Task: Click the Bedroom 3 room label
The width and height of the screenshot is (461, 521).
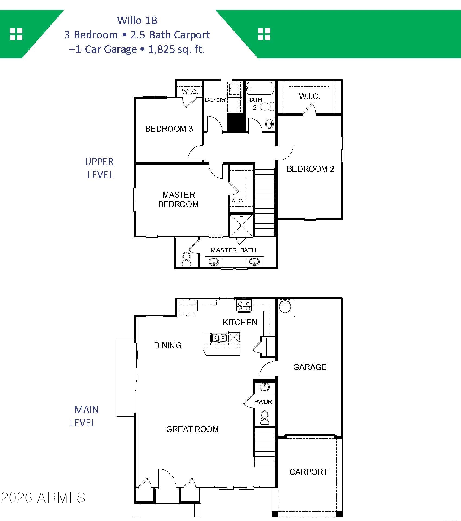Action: [x=169, y=129]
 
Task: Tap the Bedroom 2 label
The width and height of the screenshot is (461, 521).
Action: [x=310, y=169]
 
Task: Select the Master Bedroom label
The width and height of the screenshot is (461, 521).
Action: [x=179, y=199]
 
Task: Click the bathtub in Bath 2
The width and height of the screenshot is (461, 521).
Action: [x=260, y=88]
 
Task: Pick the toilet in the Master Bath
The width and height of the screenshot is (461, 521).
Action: [x=187, y=259]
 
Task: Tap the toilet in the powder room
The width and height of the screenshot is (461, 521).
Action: [x=265, y=417]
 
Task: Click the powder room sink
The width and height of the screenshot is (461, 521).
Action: [x=265, y=387]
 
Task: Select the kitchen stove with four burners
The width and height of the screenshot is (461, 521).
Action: [x=244, y=305]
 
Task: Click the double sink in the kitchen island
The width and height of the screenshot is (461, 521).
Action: [x=219, y=338]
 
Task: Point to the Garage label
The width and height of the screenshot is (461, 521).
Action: [x=310, y=367]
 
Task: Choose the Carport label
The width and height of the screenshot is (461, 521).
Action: [x=309, y=472]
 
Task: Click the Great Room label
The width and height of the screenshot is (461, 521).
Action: [x=192, y=429]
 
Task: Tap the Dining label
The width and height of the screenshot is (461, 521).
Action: [x=168, y=345]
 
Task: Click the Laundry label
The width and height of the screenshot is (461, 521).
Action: [x=215, y=100]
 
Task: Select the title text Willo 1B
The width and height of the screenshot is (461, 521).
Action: [x=137, y=20]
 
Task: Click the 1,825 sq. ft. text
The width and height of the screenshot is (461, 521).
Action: [x=176, y=49]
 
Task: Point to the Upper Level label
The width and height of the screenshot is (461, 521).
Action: [x=100, y=168]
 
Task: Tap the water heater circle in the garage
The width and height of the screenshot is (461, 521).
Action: [x=285, y=307]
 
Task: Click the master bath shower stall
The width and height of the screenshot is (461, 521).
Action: [x=241, y=226]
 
